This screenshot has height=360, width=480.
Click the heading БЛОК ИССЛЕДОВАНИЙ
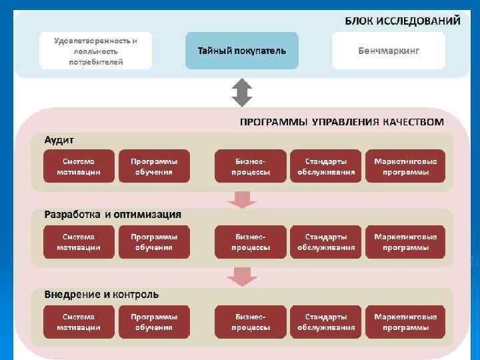pyautogui.click(x=402, y=21)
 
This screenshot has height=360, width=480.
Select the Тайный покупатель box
pyautogui.click(x=242, y=51)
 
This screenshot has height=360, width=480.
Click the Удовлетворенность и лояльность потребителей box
pyautogui.click(x=95, y=51)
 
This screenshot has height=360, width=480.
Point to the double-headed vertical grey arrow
pyautogui.click(x=241, y=93)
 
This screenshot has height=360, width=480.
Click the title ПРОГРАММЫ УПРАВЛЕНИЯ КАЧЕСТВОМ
pyautogui.click(x=341, y=122)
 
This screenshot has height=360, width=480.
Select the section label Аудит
pyautogui.click(x=59, y=139)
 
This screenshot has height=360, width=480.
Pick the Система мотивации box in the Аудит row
pyautogui.click(x=79, y=166)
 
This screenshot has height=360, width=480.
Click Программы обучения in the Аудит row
pyautogui.click(x=154, y=166)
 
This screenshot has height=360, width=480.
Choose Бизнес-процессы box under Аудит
pyautogui.click(x=251, y=166)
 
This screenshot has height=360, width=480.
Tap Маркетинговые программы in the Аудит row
pyautogui.click(x=405, y=166)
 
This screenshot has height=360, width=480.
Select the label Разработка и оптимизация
pyautogui.click(x=113, y=215)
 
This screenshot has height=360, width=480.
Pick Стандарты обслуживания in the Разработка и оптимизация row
pyautogui.click(x=326, y=242)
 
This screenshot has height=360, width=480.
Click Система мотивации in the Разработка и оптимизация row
pyautogui.click(x=79, y=242)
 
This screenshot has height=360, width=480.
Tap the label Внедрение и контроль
pyautogui.click(x=101, y=293)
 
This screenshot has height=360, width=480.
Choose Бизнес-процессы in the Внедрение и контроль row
pyautogui.click(x=251, y=321)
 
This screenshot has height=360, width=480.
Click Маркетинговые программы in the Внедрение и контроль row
pyautogui.click(x=405, y=321)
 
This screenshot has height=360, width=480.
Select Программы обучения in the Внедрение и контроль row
pyautogui.click(x=154, y=321)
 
